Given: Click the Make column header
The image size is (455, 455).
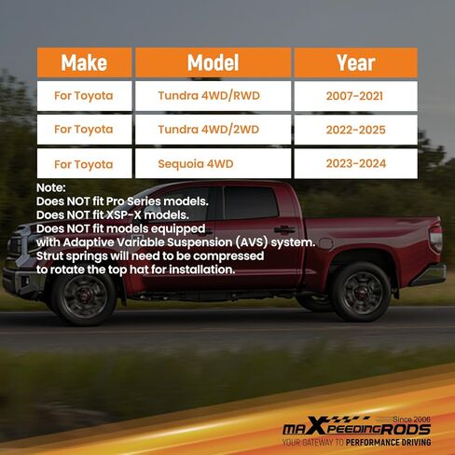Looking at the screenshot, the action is click(x=84, y=62).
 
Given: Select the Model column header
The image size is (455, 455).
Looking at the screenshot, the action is click(x=214, y=62).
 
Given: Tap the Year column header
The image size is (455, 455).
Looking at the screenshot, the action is click(x=356, y=62).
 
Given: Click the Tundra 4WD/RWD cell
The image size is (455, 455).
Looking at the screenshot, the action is click(x=214, y=96).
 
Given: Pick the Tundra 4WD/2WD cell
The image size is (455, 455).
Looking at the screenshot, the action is click(x=214, y=130).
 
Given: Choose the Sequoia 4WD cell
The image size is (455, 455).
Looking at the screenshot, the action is click(x=214, y=163).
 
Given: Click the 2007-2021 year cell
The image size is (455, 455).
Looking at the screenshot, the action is click(x=356, y=96).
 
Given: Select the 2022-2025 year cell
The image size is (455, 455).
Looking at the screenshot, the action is click(x=356, y=130).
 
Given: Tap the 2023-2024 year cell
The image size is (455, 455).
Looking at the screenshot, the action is click(x=356, y=163).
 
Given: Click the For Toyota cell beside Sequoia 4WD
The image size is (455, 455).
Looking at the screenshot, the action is click(x=84, y=163).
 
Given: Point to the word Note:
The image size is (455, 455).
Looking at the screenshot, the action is click(x=51, y=187).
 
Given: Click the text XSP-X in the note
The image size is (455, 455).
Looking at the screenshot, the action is click(x=124, y=215).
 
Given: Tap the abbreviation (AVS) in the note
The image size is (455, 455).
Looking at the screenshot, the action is click(x=251, y=242).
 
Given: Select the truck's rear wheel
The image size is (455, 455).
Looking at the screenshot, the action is click(x=361, y=292).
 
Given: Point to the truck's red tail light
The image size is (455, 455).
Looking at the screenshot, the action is click(x=435, y=239).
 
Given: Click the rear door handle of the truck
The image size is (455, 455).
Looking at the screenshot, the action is click(x=284, y=230).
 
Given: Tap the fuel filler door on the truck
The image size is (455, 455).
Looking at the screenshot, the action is click(x=326, y=243).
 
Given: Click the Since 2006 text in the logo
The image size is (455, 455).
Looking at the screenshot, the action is click(x=411, y=420).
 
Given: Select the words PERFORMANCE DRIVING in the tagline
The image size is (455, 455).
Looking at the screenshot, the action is click(x=388, y=442).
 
